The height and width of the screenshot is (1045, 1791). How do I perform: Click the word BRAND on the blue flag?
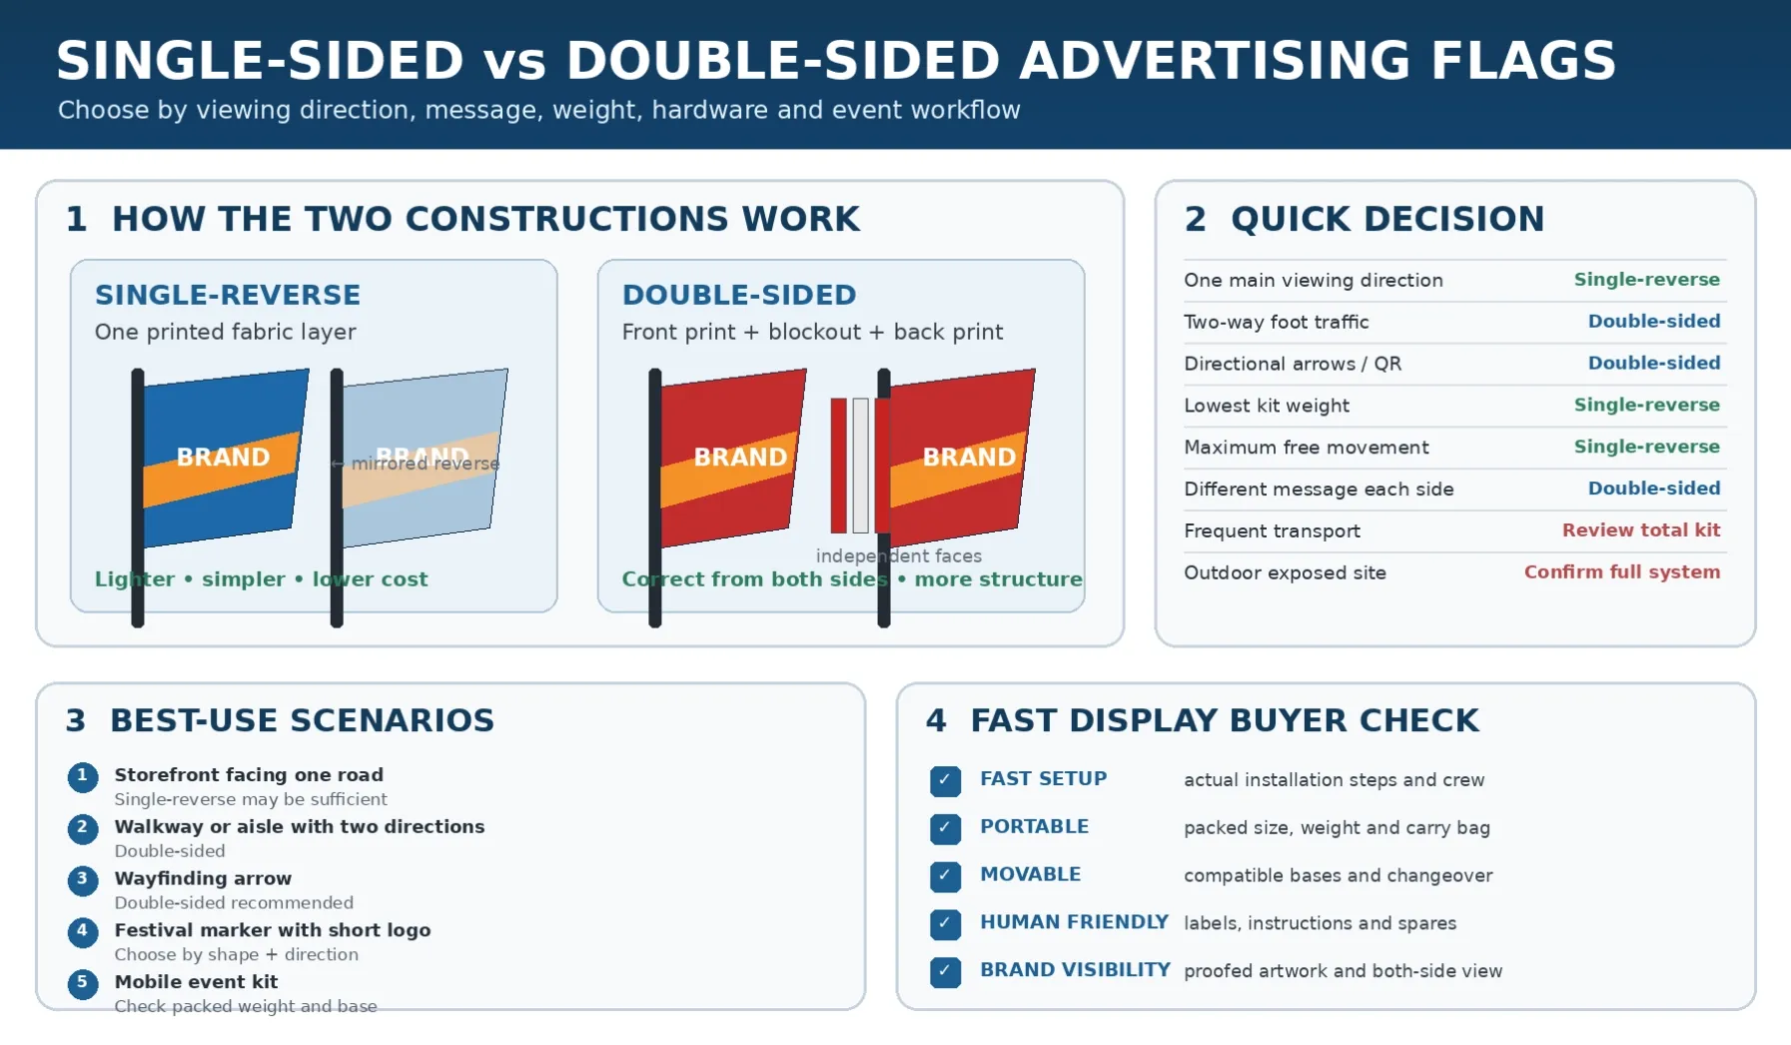click(223, 457)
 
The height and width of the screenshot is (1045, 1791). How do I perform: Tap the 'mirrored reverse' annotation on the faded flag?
click(425, 464)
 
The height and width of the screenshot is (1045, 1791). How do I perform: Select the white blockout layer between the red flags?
click(860, 466)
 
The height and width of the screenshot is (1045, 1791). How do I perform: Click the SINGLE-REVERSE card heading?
click(228, 295)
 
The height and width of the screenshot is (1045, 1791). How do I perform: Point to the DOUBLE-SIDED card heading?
click(739, 295)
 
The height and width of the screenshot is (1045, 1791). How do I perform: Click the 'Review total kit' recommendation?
click(1641, 530)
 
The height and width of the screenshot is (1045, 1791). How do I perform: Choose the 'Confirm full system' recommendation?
click(1622, 572)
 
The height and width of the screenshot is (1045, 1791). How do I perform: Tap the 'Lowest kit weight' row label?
click(1267, 406)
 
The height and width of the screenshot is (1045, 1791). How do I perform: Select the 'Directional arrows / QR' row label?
click(1293, 364)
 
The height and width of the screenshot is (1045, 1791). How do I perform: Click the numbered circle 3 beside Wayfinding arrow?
click(83, 880)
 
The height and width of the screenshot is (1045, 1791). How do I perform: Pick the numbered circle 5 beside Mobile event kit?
click(83, 984)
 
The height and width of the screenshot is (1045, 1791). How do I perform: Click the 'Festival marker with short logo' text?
click(273, 930)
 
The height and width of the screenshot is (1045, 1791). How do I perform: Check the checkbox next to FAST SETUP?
click(945, 780)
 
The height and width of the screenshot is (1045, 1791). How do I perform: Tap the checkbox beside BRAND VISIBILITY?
click(945, 972)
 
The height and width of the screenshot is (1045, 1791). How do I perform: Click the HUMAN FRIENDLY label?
click(1074, 922)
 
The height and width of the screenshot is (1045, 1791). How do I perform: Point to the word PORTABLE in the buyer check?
click(1034, 826)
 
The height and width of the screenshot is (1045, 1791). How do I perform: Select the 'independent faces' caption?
click(899, 556)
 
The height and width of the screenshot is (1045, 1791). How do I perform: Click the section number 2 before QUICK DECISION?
click(1195, 219)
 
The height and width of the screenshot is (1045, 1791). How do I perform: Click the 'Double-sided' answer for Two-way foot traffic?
click(1654, 322)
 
